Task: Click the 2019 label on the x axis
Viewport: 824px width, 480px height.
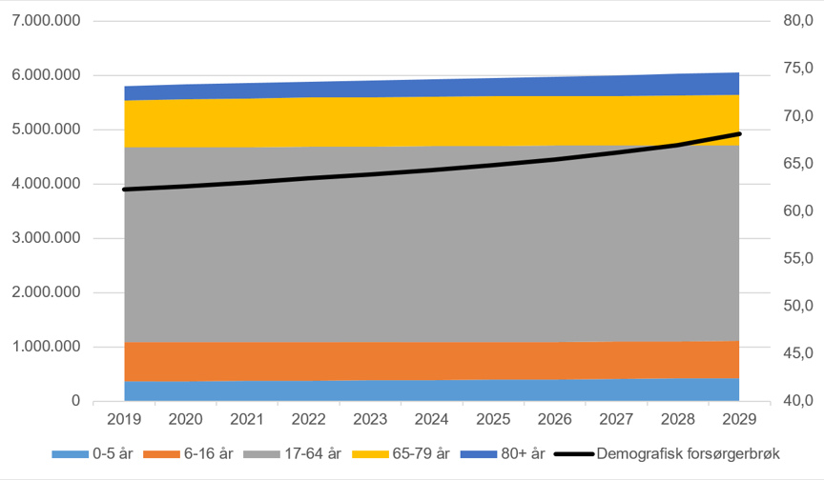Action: coord(125,419)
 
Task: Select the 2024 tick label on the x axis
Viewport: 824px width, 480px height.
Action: coord(432,419)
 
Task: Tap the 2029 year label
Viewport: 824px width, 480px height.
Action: coord(739,419)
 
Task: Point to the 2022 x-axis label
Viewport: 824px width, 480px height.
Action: coord(309,419)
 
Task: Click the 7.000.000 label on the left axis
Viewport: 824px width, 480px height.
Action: coord(47,21)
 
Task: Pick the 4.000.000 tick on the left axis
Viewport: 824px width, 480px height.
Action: coord(47,184)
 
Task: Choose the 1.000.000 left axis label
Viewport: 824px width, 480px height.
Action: coord(47,347)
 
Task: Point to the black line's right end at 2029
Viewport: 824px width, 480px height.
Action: coord(739,134)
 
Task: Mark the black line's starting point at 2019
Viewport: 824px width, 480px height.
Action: coord(125,190)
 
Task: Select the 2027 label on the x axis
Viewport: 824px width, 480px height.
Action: coord(616,419)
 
